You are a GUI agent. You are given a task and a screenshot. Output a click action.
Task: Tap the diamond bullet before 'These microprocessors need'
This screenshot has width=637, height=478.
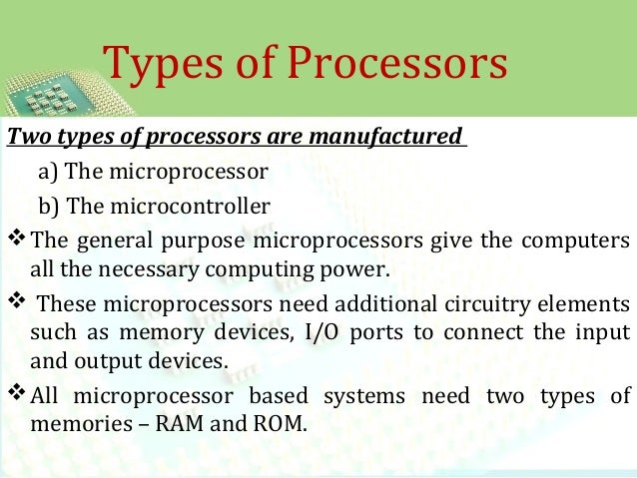(x=17, y=303)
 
